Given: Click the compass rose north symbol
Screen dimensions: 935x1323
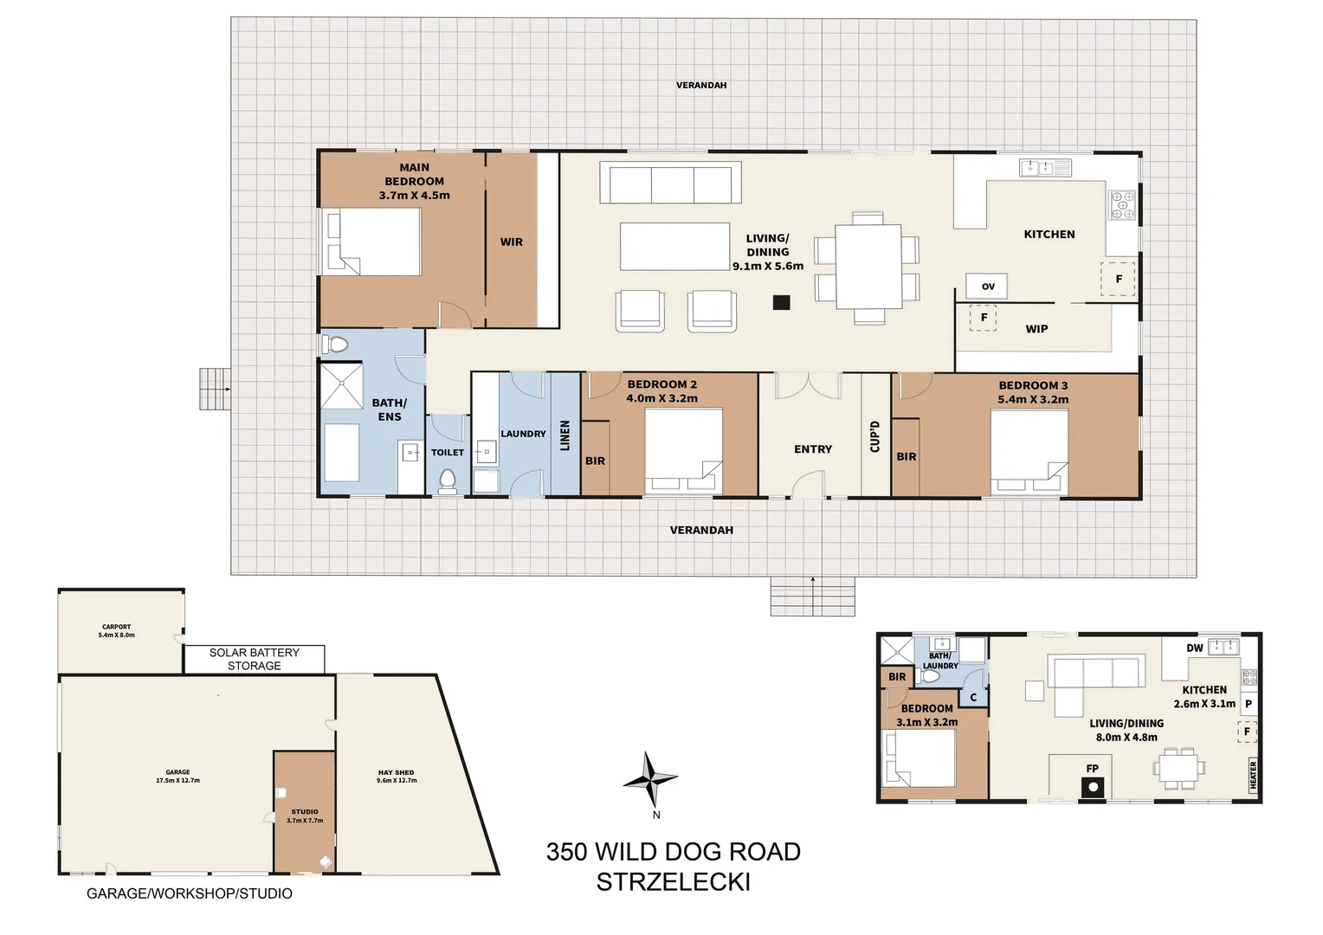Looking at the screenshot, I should click(649, 780).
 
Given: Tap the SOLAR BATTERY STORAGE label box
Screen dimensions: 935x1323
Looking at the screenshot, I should click(254, 659).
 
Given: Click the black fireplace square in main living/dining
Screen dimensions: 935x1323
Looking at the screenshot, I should click(782, 302).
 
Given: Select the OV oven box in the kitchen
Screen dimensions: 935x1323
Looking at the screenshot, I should click(987, 287).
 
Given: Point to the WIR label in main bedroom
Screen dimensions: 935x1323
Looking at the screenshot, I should click(511, 242).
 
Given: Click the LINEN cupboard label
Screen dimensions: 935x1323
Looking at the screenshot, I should click(565, 435).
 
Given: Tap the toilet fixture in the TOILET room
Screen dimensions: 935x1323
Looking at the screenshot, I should click(447, 480).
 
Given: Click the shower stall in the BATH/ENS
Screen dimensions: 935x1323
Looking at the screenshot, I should click(342, 386).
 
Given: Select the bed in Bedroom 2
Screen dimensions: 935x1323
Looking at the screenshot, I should click(683, 450).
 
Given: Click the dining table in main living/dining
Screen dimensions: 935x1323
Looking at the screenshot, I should click(868, 267).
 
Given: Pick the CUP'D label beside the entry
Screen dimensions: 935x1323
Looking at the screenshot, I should click(875, 436).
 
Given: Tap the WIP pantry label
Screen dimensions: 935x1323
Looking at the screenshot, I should click(1036, 329).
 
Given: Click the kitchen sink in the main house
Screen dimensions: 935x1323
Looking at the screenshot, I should click(1045, 168).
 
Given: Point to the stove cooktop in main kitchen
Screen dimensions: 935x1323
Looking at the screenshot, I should click(1122, 206).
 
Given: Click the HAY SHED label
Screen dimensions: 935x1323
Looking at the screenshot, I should click(397, 776).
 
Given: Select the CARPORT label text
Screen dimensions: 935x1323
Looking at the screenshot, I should click(116, 630).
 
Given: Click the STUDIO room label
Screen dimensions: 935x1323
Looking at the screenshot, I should click(305, 816).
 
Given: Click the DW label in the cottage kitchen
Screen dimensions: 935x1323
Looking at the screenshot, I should click(1194, 648).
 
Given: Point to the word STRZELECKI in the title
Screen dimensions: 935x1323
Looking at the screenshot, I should click(673, 881).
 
